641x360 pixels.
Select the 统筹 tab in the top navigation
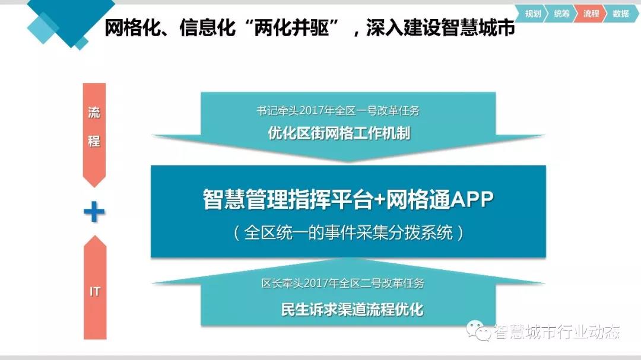pos(561,14)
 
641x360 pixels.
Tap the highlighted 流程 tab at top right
pos(591,14)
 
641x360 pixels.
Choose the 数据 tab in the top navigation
pos(621,14)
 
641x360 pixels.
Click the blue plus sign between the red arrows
pos(94,212)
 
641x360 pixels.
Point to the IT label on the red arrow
pos(95,291)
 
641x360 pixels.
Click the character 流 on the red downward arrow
pos(94,112)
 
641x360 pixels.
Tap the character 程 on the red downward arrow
pos(94,141)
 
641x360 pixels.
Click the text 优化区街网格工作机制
pos(339,133)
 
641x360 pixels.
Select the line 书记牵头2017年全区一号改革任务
pos(338,111)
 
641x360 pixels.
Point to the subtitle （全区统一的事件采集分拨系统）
pos(348,233)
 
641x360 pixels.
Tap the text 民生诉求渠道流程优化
pos(353,310)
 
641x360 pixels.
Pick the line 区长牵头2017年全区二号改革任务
pos(342,283)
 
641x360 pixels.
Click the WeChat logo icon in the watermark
pos(479,330)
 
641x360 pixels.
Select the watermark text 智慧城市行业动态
pos(557,332)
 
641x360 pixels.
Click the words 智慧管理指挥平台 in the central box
pos(288,199)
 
